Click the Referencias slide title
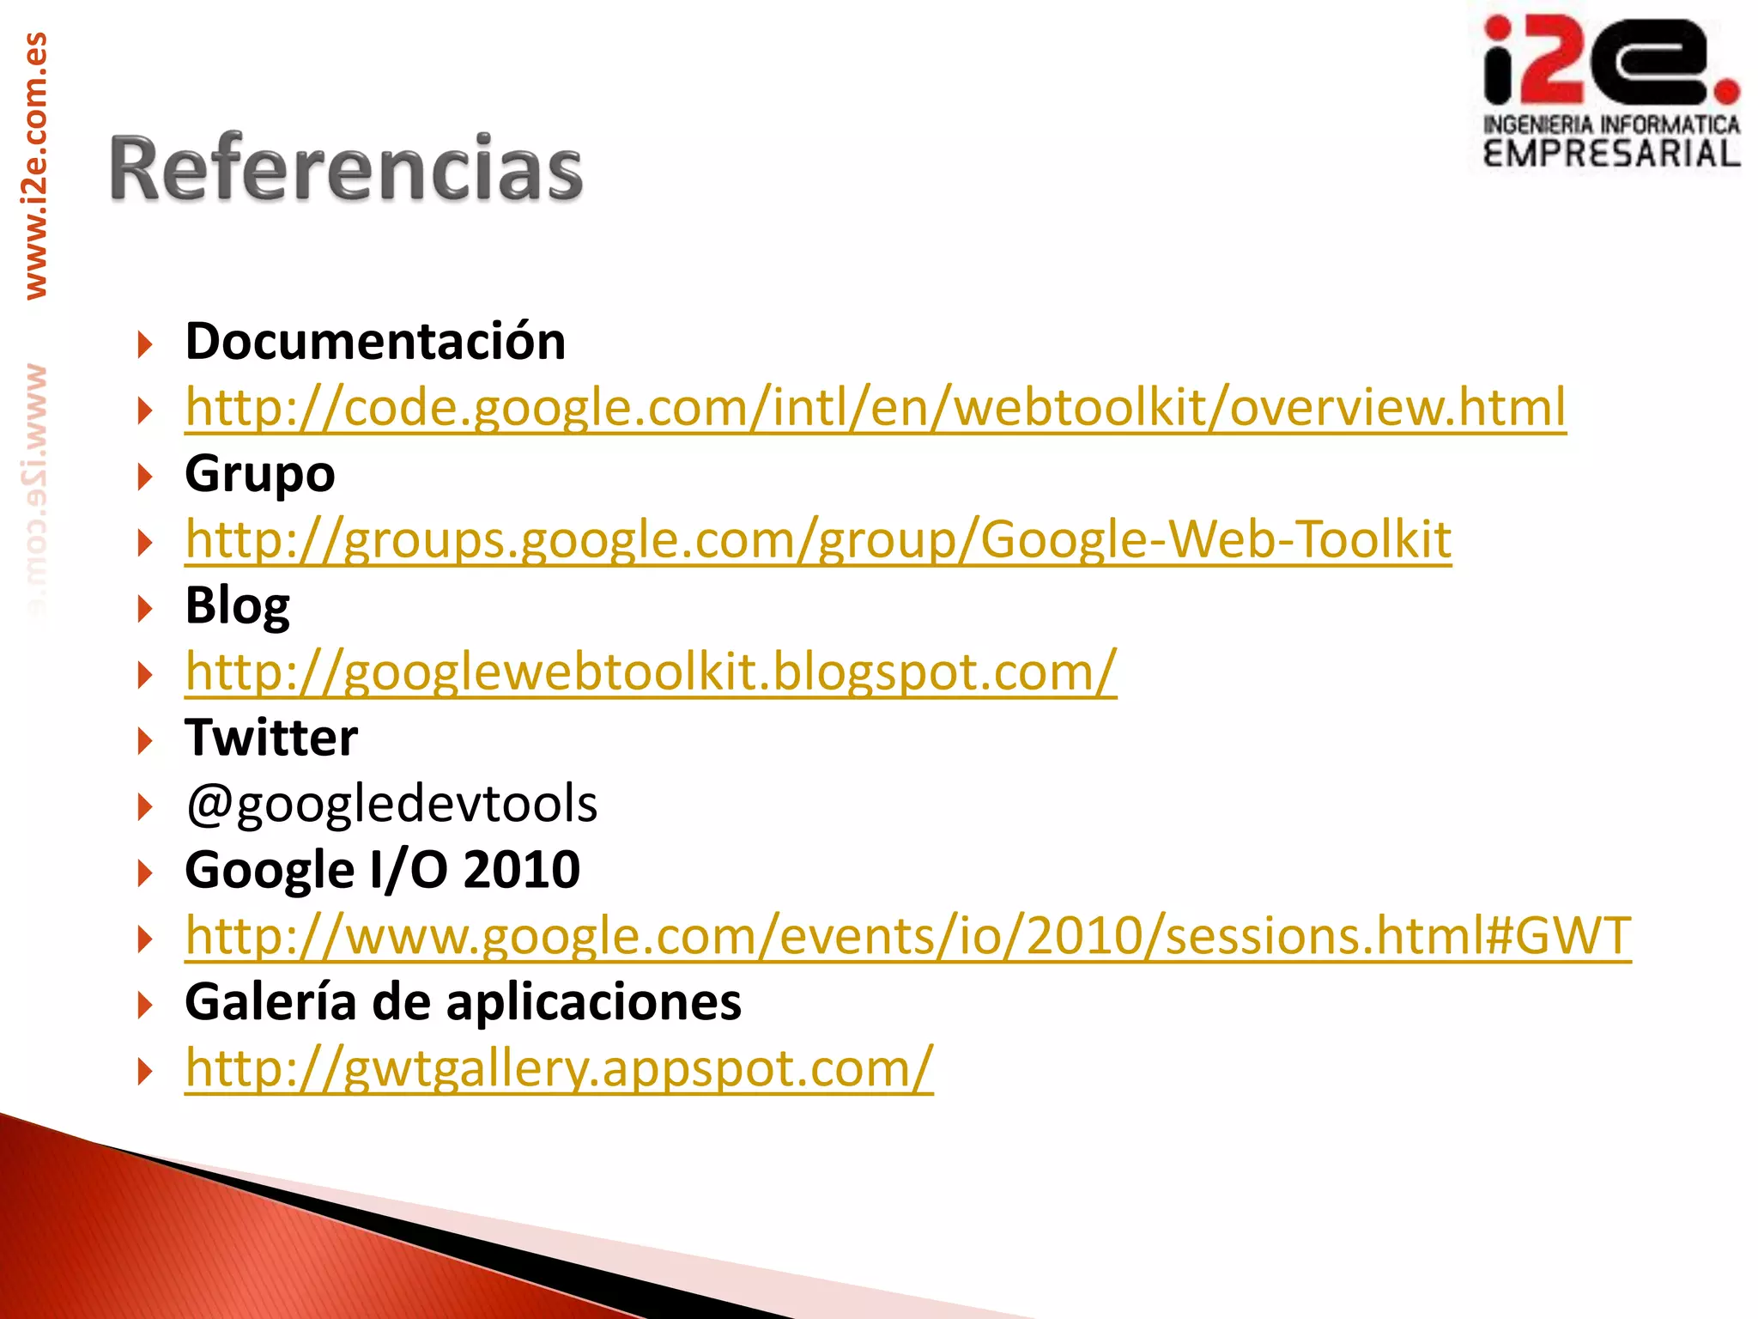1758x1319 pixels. (x=346, y=168)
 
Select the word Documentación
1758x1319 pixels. (x=375, y=342)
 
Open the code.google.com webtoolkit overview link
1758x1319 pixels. (x=876, y=407)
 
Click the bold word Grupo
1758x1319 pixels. (x=260, y=474)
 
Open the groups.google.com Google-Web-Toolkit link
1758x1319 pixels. (x=818, y=539)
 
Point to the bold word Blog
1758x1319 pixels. (x=238, y=606)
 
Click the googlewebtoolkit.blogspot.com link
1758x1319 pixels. (x=651, y=672)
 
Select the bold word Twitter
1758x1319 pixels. (x=271, y=738)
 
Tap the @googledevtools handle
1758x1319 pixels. (x=391, y=804)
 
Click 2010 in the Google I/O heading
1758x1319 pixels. (x=522, y=870)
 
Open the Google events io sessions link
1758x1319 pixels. (x=908, y=936)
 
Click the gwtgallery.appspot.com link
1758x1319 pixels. (x=559, y=1068)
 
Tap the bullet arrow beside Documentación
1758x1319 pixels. (x=144, y=345)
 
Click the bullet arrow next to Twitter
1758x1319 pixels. (x=144, y=741)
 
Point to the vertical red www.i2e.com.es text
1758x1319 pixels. (x=35, y=166)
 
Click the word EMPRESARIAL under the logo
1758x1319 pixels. (x=1611, y=154)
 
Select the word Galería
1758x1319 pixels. (x=270, y=1002)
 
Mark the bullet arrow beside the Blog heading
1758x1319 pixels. (x=144, y=610)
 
